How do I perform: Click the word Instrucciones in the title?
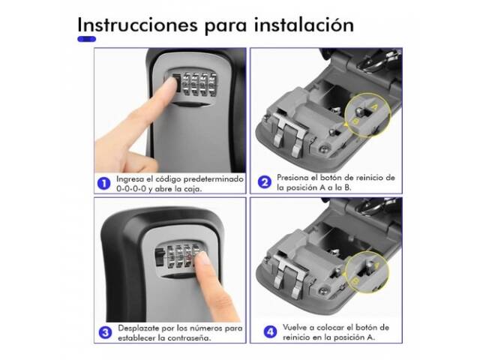[x=137, y=25]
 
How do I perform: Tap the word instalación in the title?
[x=304, y=25]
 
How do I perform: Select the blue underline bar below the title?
[x=87, y=39]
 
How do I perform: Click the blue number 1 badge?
[x=103, y=184]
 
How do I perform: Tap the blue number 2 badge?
[x=265, y=182]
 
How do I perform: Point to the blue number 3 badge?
[x=105, y=333]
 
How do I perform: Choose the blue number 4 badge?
[x=270, y=332]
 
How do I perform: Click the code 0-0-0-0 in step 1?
[x=131, y=188]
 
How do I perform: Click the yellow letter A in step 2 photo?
[x=375, y=107]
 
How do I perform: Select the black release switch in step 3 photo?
[x=160, y=258]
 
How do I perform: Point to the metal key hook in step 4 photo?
[x=289, y=276]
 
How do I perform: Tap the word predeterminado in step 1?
[x=213, y=179]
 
